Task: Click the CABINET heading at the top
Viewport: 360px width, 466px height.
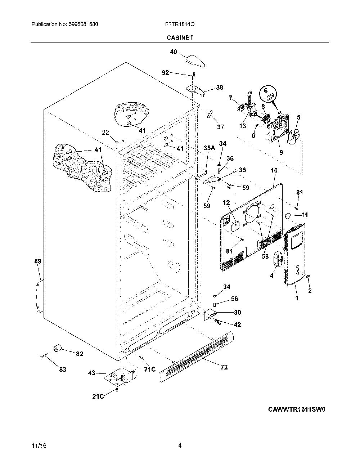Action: (180, 37)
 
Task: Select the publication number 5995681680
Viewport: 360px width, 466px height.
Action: (84, 24)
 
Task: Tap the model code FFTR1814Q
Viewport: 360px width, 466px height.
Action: (180, 24)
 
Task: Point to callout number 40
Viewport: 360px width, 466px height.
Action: (174, 52)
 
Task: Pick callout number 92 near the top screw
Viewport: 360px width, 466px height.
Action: (165, 73)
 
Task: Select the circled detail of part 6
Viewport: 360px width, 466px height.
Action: (268, 94)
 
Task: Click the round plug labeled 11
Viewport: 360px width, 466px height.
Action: (288, 215)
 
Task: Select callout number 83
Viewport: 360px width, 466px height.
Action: (63, 369)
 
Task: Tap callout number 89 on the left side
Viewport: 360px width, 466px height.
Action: (38, 261)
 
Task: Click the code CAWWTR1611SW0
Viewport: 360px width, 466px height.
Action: (297, 415)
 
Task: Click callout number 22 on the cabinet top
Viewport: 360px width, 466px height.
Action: (105, 133)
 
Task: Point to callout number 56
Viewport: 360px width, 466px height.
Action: (234, 299)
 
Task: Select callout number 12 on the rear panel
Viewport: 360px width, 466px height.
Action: (226, 203)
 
